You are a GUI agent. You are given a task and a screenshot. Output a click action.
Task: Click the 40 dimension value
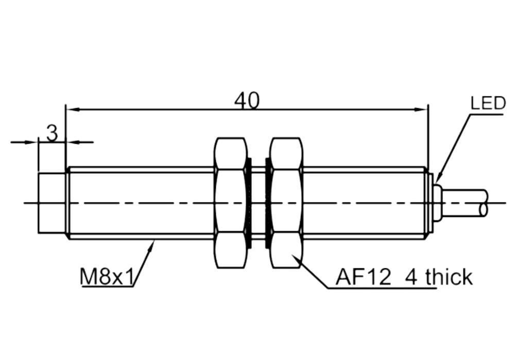tap(247, 100)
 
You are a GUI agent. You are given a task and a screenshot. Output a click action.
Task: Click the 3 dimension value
tap(52, 133)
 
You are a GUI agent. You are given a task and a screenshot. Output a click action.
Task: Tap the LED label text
tap(488, 103)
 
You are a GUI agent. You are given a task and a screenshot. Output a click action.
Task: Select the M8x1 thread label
tap(107, 277)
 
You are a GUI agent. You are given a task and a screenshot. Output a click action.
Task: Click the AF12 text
tap(363, 278)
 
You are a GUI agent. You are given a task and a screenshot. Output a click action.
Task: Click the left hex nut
tap(230, 203)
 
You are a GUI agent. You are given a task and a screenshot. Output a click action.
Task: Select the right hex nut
tap(285, 203)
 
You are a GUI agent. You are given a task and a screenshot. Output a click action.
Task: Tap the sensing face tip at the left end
tap(51, 203)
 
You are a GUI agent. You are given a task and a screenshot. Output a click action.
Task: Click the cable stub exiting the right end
tap(465, 203)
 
